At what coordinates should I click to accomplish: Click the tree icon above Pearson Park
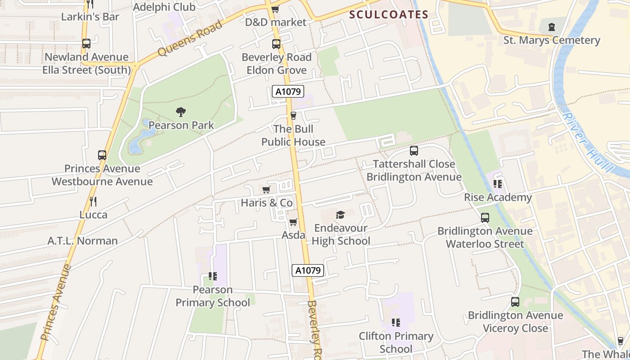(181, 112)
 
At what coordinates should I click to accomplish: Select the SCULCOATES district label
(389, 14)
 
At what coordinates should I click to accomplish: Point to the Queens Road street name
(190, 38)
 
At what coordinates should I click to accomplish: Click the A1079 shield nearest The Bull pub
(288, 92)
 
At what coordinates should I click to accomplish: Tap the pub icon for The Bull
(293, 116)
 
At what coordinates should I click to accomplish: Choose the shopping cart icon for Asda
(293, 222)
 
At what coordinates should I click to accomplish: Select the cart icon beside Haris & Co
(266, 189)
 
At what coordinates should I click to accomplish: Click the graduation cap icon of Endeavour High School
(341, 215)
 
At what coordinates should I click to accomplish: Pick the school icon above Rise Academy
(498, 184)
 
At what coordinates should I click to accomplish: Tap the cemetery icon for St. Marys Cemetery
(552, 27)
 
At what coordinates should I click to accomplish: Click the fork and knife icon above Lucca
(93, 201)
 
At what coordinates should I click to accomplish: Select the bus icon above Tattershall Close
(414, 151)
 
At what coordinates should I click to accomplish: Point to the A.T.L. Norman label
(83, 241)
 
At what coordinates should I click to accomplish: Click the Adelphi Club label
(164, 7)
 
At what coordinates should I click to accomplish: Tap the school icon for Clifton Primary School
(396, 323)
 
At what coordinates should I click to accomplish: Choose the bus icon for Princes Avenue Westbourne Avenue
(102, 155)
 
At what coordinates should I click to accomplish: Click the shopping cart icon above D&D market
(275, 9)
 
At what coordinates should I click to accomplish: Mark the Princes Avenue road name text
(56, 302)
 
